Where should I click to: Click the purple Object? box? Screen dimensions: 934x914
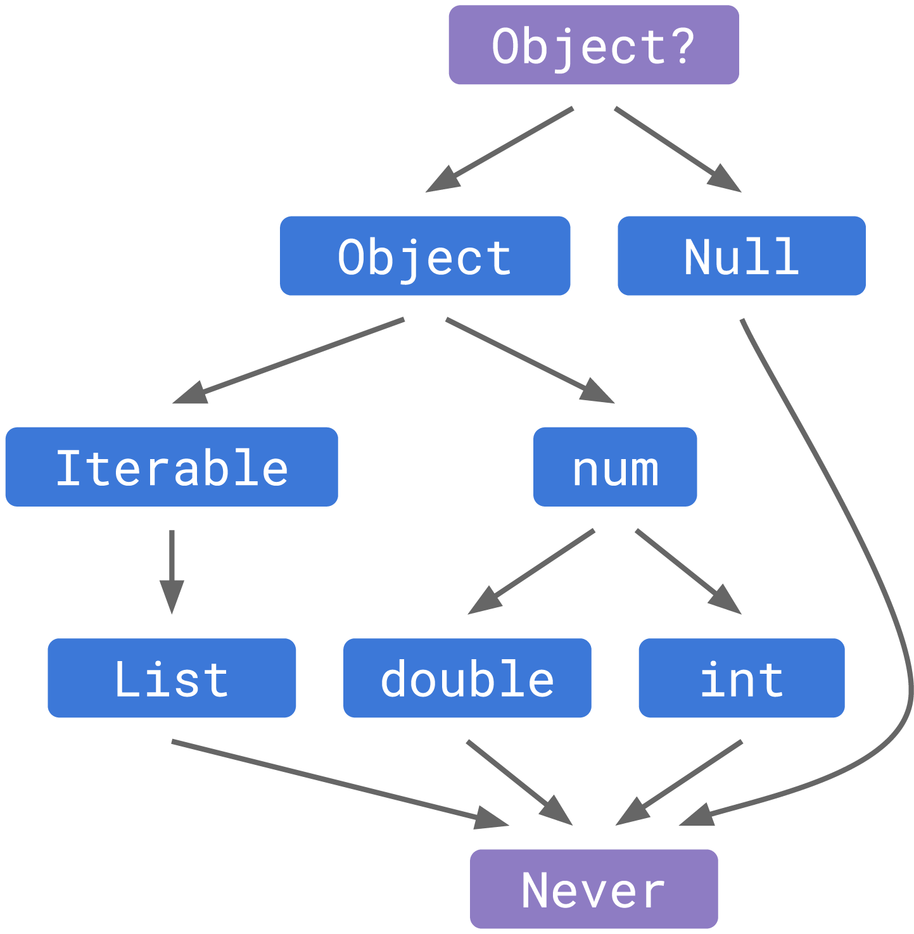593,46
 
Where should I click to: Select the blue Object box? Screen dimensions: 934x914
425,256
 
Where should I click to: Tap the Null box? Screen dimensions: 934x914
742,256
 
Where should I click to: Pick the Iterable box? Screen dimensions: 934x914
172,467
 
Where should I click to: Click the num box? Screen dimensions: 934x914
615,467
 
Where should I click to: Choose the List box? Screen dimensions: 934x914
172,678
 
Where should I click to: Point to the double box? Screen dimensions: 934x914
467,678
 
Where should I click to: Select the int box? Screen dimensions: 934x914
742,678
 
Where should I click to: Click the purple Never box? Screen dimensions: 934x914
593,889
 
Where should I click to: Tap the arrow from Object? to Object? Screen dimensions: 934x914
500,149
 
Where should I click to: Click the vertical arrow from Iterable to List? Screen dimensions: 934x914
172,570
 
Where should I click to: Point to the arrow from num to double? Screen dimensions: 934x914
532,571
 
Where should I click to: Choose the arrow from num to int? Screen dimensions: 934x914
688,571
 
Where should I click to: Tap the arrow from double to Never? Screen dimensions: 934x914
519,782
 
